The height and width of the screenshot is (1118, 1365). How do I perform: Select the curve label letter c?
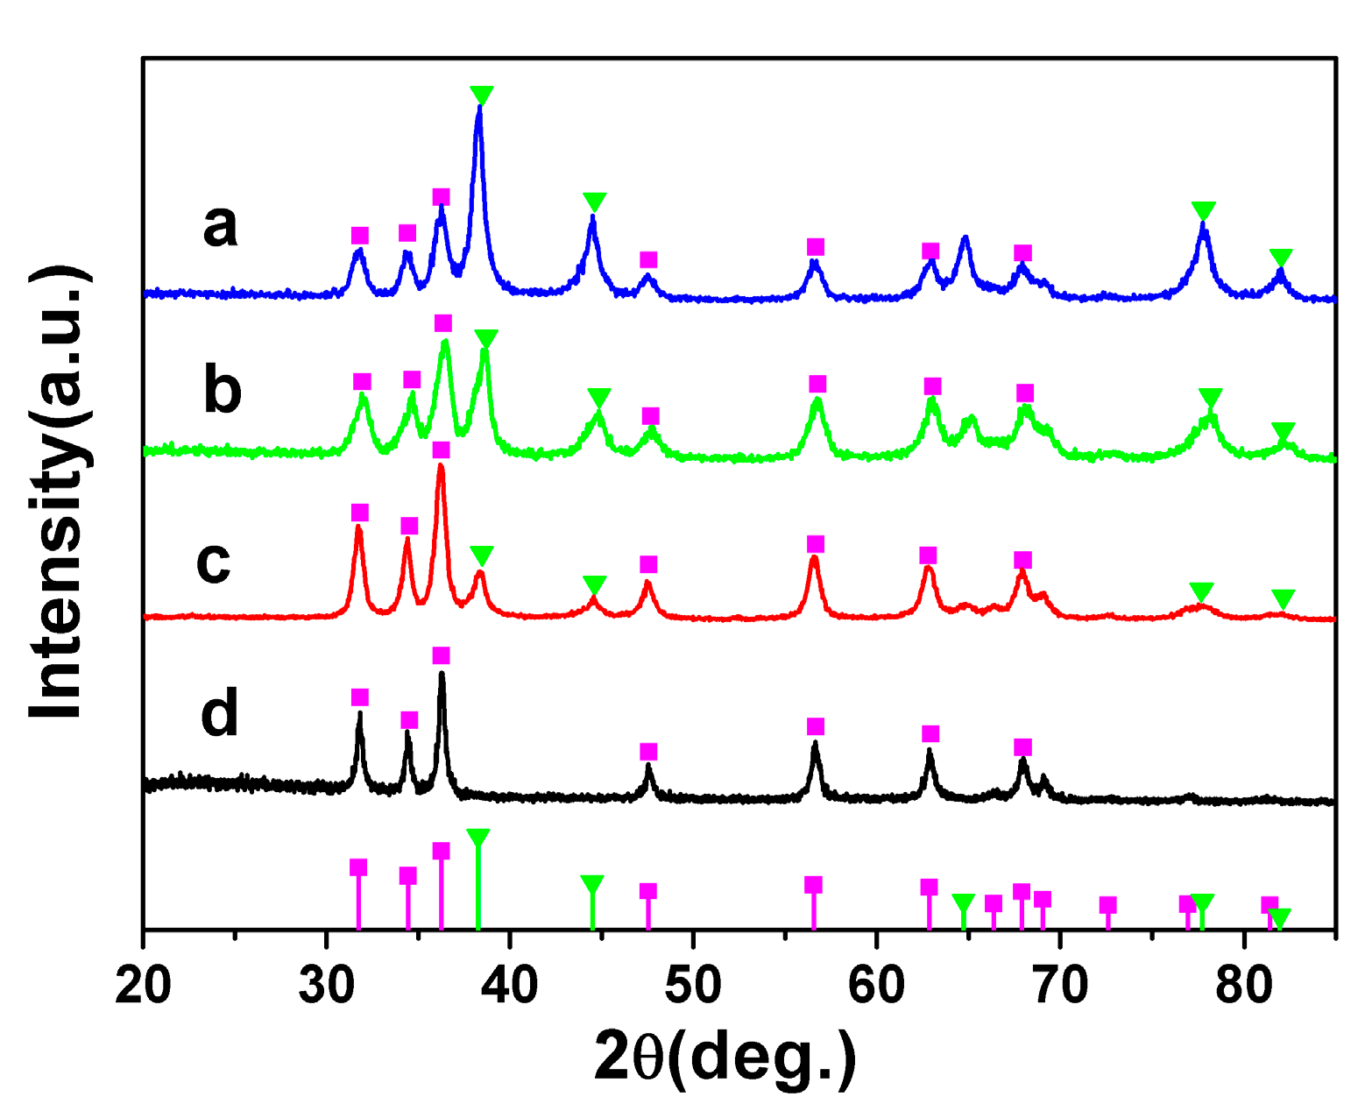click(214, 561)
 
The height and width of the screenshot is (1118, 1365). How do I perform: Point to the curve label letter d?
click(219, 714)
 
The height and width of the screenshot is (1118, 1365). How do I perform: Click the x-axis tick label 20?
click(144, 985)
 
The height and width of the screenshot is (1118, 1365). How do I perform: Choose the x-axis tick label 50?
click(693, 985)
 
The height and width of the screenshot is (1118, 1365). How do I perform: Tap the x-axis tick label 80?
click(1243, 985)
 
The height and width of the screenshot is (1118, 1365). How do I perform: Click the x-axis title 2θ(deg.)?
click(725, 1056)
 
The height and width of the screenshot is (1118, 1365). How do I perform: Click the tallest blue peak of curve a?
click(479, 110)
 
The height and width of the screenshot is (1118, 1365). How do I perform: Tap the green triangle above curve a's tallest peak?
click(481, 95)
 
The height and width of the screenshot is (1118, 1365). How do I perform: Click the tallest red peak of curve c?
click(441, 469)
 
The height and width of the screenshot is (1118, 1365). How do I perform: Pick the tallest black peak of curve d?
click(442, 676)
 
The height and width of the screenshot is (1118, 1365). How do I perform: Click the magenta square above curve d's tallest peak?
click(441, 656)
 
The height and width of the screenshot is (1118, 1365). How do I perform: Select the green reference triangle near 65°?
click(963, 902)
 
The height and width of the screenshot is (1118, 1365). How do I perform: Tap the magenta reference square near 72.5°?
click(1107, 905)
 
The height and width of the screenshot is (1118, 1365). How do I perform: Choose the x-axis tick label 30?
click(326, 985)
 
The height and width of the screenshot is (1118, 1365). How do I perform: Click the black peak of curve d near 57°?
click(815, 745)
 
